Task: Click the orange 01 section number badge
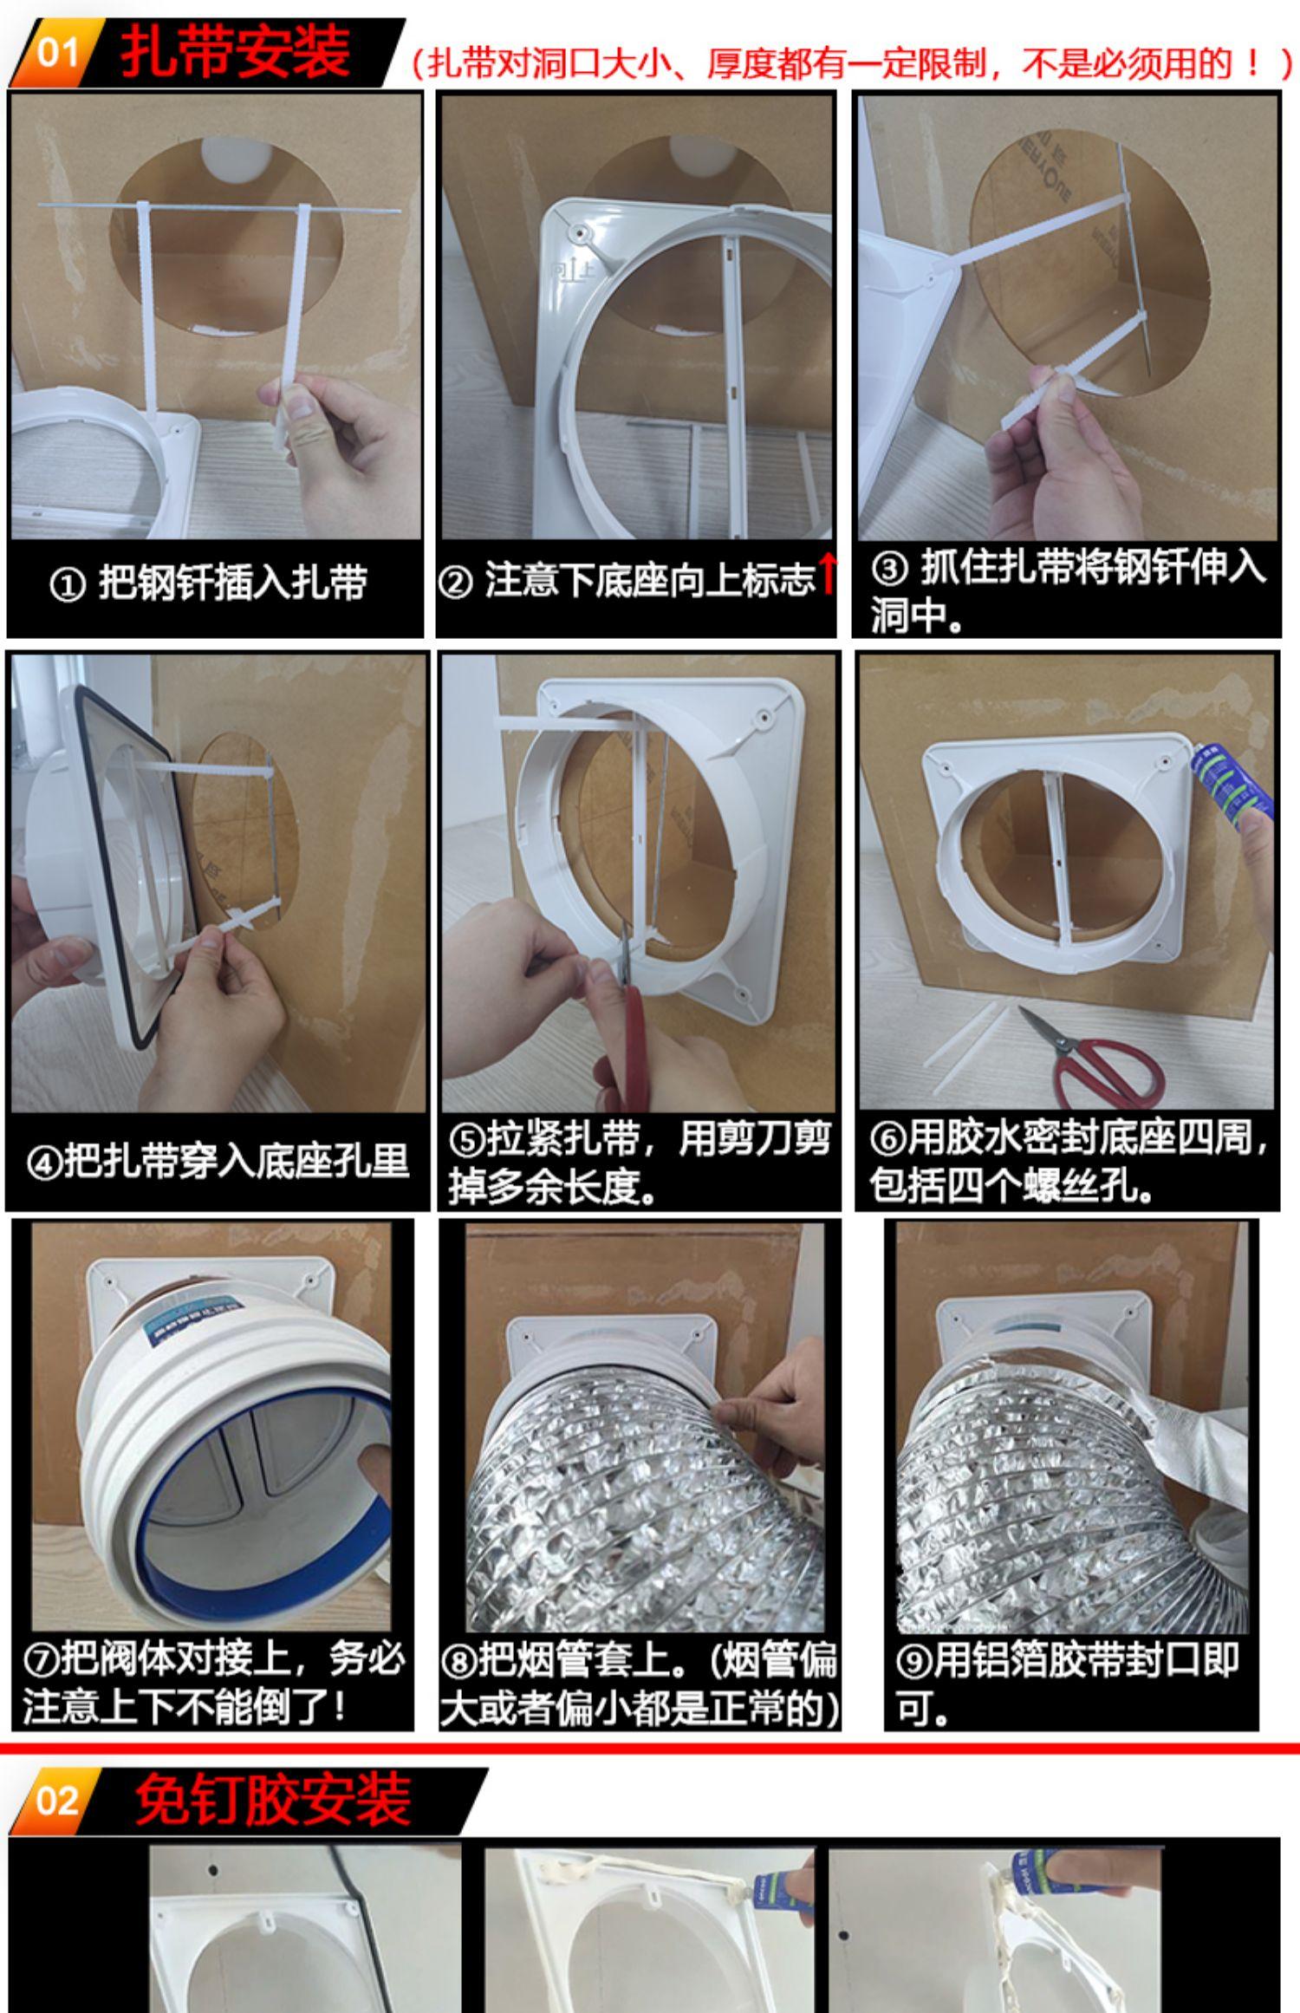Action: (57, 53)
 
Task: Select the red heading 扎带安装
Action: (235, 51)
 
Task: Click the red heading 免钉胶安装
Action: (272, 1801)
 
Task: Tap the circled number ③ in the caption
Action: (889, 569)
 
